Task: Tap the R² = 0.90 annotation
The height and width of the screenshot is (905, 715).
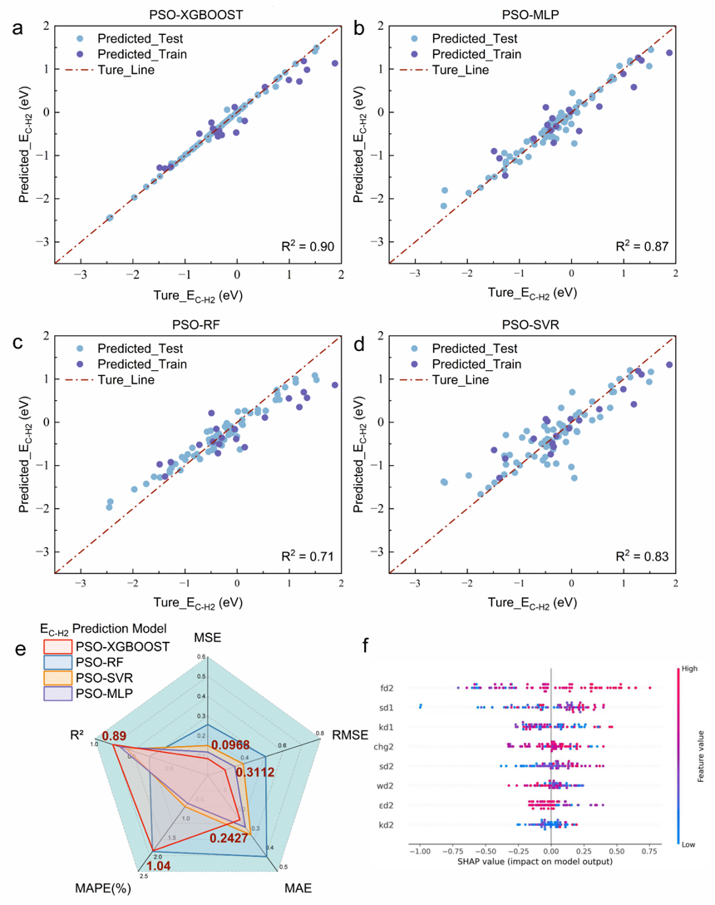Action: click(307, 246)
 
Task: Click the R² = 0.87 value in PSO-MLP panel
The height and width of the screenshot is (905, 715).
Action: click(642, 246)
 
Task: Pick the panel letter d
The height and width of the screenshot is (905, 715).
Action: click(360, 341)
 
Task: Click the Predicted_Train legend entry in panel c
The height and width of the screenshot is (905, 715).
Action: click(141, 363)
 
